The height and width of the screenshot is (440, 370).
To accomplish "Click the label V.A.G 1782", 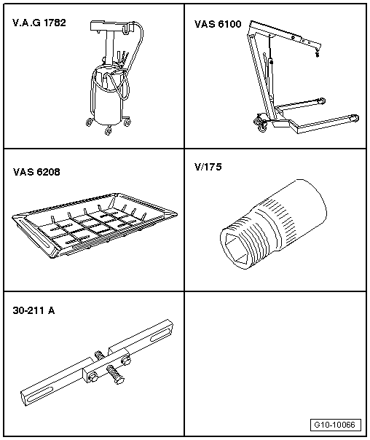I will (x=39, y=23).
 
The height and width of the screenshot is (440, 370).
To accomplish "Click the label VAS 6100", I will (x=217, y=23).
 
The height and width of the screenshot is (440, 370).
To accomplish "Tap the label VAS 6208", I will (x=36, y=173).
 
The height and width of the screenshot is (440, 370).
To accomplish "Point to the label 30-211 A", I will (x=34, y=310).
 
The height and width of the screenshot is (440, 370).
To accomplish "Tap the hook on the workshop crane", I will (x=317, y=52).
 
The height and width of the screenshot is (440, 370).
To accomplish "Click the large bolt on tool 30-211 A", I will (x=114, y=379).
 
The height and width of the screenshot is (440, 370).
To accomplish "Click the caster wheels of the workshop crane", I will (x=261, y=127).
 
